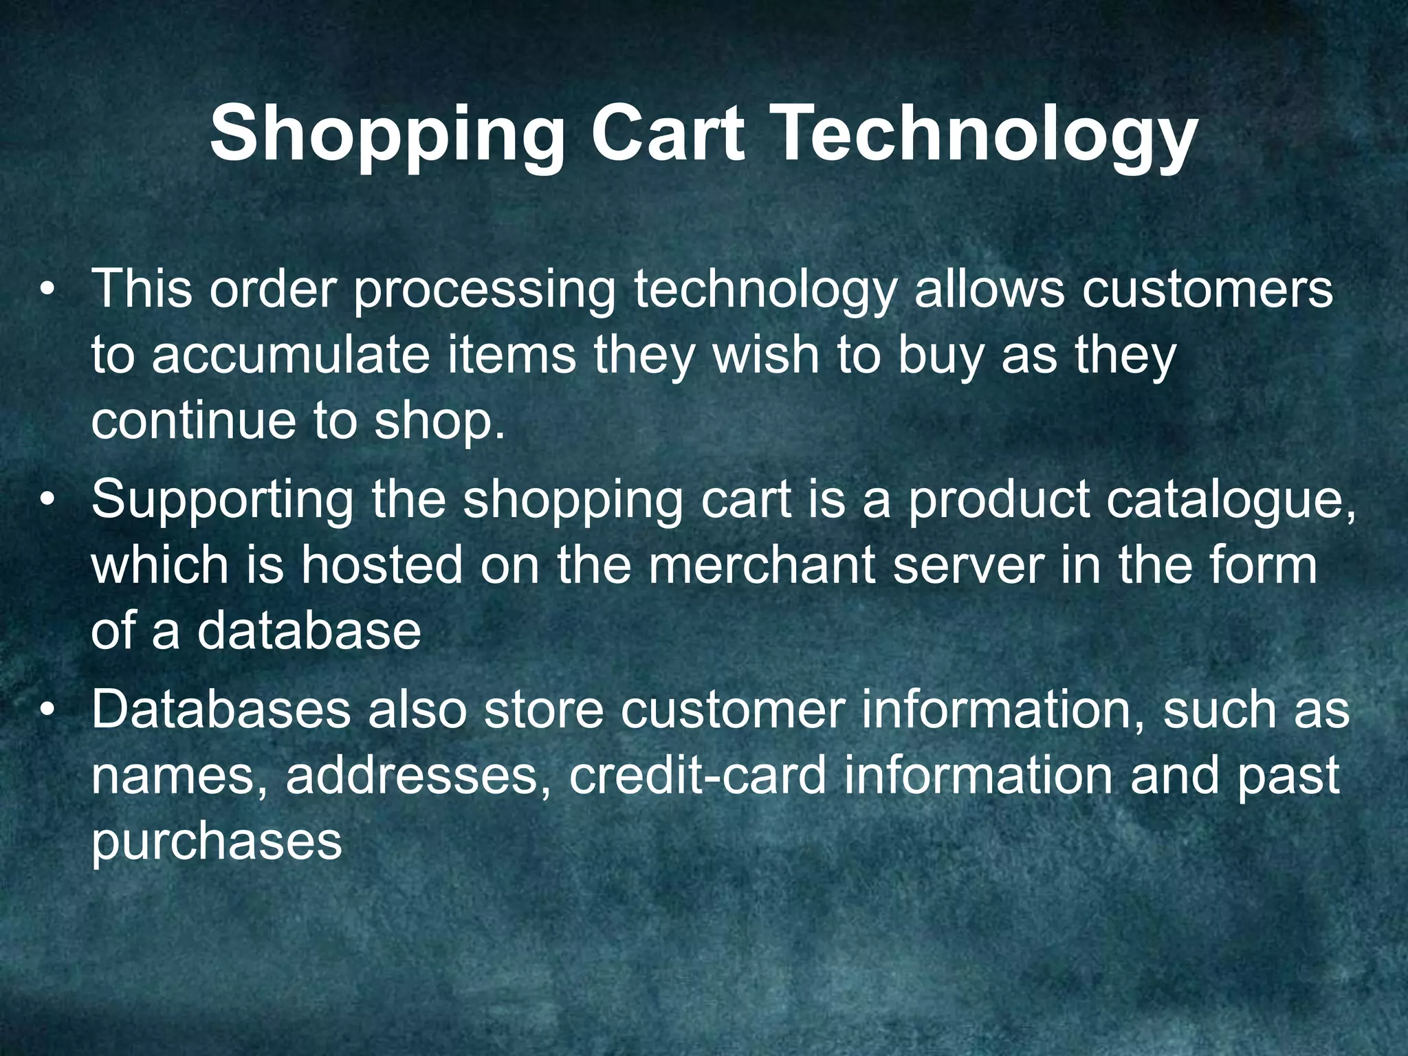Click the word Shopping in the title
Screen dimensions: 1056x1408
click(x=387, y=135)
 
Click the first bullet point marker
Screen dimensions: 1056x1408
click(x=47, y=289)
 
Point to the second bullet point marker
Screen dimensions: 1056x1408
click(x=47, y=500)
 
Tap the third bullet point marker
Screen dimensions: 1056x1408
click(x=47, y=710)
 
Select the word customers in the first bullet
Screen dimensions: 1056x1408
click(x=1207, y=289)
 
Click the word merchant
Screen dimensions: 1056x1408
click(x=761, y=565)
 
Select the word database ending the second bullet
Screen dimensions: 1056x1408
click(x=309, y=630)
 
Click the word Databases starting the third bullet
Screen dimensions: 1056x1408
click(x=221, y=709)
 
